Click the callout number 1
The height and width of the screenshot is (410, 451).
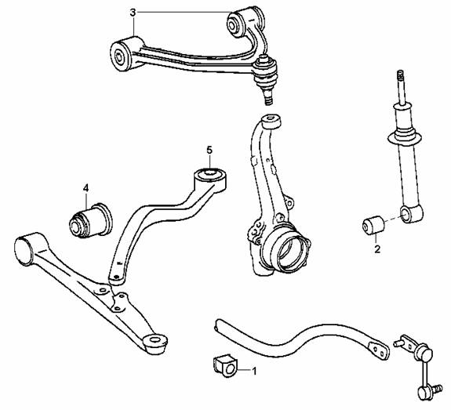pyautogui.click(x=254, y=371)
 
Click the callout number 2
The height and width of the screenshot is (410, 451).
pyautogui.click(x=377, y=249)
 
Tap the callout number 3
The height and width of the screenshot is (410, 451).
pyautogui.click(x=133, y=13)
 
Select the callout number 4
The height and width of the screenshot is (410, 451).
pyautogui.click(x=85, y=188)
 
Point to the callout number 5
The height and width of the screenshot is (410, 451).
pyautogui.click(x=209, y=150)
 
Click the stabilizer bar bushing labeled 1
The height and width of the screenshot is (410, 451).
pyautogui.click(x=224, y=366)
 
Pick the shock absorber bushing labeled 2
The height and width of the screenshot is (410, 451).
pyautogui.click(x=373, y=224)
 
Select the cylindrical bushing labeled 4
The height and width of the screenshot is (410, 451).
pyautogui.click(x=91, y=220)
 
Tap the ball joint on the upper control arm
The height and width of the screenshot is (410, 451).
pyautogui.click(x=266, y=78)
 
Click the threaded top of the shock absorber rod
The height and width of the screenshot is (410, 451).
pyautogui.click(x=401, y=75)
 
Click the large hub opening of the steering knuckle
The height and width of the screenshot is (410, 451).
pyautogui.click(x=291, y=251)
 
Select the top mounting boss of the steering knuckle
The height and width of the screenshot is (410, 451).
pyautogui.click(x=271, y=121)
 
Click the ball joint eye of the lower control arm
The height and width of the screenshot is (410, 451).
pyautogui.click(x=155, y=341)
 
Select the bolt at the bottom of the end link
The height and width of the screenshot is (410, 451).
pyautogui.click(x=438, y=388)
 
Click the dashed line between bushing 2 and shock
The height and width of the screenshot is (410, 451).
pyautogui.click(x=393, y=219)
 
